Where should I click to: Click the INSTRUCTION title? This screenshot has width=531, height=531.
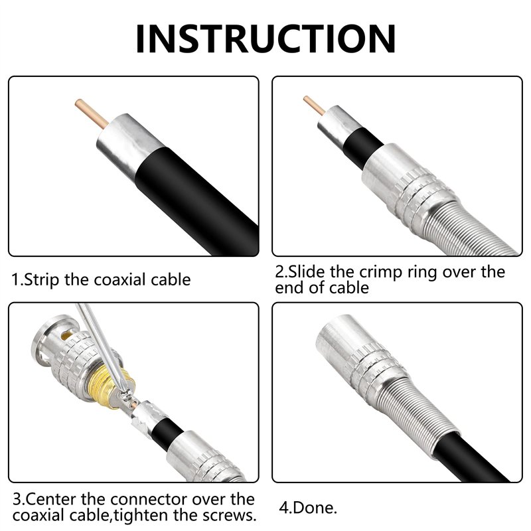point(265,38)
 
